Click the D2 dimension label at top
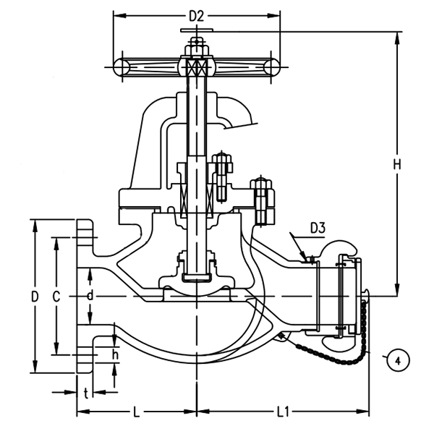(x=197, y=15)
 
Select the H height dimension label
(x=396, y=165)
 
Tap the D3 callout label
(x=318, y=229)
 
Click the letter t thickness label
(x=86, y=393)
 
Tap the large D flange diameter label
(x=34, y=297)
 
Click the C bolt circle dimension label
(x=56, y=297)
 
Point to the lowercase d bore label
(x=89, y=297)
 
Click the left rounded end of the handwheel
(x=121, y=67)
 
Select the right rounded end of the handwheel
(x=273, y=67)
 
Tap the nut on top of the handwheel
(x=197, y=49)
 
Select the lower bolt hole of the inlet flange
(x=87, y=354)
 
